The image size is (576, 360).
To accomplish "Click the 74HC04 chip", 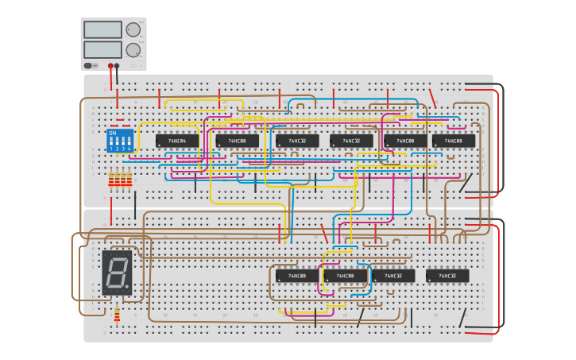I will (177, 141).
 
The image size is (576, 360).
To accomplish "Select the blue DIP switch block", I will (118, 141).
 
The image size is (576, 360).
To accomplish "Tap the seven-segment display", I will (117, 273).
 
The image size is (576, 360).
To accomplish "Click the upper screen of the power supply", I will (102, 29).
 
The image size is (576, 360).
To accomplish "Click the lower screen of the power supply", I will (102, 49).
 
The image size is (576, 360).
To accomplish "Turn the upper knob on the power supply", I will (133, 29).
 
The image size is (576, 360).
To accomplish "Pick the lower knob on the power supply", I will (133, 49).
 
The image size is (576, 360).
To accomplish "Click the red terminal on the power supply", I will (110, 66).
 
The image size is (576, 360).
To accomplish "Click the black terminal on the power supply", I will (118, 66).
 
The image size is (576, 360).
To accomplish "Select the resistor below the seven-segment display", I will (117, 315).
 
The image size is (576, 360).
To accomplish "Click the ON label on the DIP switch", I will (113, 133).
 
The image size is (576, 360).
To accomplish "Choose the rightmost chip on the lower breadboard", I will (447, 276).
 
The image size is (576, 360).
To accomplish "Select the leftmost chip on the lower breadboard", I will (297, 276).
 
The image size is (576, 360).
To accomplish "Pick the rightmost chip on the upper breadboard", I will (454, 141).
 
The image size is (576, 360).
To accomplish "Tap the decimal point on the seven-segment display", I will (127, 287).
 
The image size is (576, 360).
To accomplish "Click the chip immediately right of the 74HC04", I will (237, 141).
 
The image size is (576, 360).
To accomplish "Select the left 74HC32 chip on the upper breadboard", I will (297, 141).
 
